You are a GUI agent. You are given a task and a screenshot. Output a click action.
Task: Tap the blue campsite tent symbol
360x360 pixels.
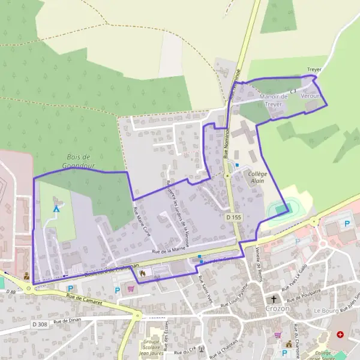(56, 209)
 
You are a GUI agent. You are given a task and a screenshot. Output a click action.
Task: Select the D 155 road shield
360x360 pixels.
(233, 215)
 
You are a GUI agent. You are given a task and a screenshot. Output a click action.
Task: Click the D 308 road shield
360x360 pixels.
(40, 324)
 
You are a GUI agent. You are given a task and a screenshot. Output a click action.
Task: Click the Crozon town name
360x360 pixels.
(277, 308)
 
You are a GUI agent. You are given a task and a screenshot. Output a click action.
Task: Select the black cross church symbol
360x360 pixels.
(274, 299)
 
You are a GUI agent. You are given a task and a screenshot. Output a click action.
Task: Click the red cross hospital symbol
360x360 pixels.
(340, 334)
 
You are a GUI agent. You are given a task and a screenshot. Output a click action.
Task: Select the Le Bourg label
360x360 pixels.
(326, 311)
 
